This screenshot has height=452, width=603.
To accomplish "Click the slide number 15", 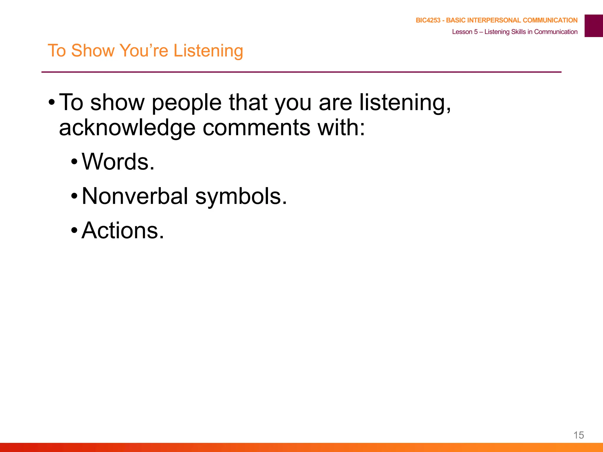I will pos(579,435).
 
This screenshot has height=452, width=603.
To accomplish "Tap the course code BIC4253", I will pos(428,20).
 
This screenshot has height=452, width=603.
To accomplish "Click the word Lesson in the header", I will pos(462,32).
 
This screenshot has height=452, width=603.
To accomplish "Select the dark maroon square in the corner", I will pos(594,26).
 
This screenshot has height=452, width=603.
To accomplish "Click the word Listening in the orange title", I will pos(208,51).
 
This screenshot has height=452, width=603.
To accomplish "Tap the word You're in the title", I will pos(144,51).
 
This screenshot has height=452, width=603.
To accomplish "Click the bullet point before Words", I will pos(74,162).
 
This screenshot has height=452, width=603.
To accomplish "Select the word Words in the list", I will pos(118,162).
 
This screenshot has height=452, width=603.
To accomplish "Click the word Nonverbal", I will pos(135,196).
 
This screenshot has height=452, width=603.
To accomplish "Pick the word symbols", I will pos(241,197).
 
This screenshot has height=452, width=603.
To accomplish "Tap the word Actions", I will pos(122,230).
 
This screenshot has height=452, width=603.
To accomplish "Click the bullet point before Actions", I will pos(74,230).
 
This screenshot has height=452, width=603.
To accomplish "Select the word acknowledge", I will pos(127,128).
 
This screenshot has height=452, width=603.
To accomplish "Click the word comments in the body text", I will pos(256,128).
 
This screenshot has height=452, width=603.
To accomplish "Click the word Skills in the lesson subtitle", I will pos(518,32).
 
